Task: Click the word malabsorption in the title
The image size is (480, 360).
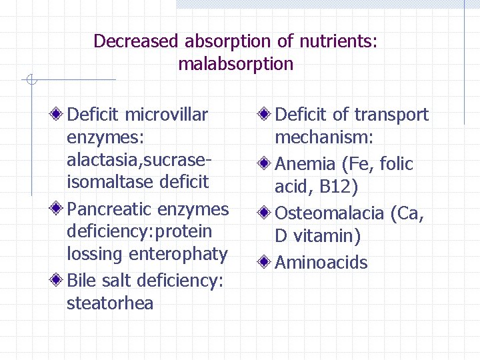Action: (235, 64)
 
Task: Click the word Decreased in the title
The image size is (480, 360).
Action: (136, 41)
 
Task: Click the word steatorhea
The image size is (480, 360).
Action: (110, 304)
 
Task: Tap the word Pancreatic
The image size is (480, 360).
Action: (109, 209)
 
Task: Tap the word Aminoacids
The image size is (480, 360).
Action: (321, 263)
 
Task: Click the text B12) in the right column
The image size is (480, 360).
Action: (339, 187)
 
